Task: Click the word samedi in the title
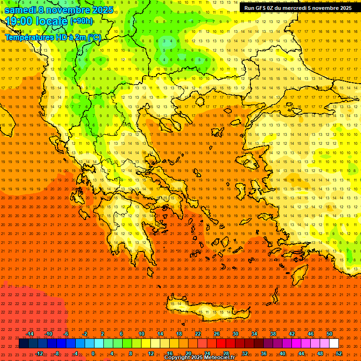[21, 10]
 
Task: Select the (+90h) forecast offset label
[81, 21]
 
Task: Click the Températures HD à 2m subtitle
[53, 37]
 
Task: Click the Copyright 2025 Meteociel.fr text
[199, 358]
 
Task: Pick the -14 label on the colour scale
[30, 334]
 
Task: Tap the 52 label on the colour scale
[339, 353]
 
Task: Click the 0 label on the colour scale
[93, 353]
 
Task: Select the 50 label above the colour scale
[330, 334]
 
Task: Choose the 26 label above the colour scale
[217, 334]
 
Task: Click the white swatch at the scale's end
[334, 344]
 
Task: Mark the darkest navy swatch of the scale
[24, 344]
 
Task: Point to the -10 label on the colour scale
[48, 334]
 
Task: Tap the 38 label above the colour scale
[273, 334]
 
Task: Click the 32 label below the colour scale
[245, 353]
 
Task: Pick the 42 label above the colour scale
[292, 334]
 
